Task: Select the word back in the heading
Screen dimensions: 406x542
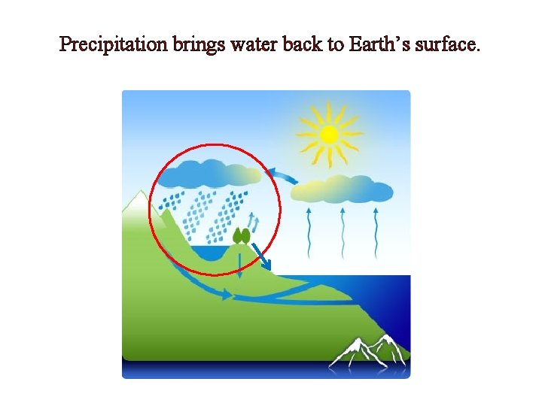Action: (302, 45)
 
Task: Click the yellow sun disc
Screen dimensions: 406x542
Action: (329, 135)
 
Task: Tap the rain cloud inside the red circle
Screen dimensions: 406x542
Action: (211, 174)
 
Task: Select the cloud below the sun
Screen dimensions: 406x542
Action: (343, 189)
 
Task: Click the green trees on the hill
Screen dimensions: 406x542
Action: (241, 235)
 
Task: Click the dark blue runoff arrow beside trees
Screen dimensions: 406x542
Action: (261, 255)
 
